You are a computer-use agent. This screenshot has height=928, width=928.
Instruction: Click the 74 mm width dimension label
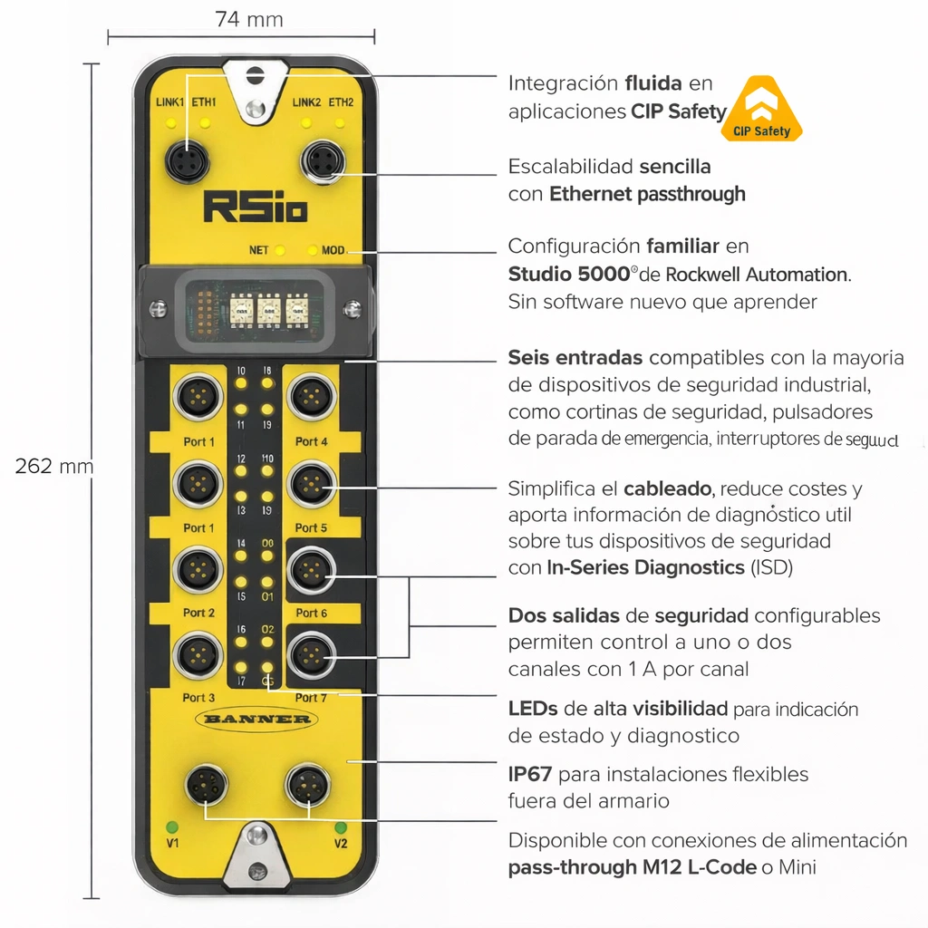pos(248,19)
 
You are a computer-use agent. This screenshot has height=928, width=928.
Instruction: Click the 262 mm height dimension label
pos(53,467)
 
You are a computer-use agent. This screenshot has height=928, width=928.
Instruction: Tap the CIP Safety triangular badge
pos(760,111)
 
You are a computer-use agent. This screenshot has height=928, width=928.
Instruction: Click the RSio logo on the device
pos(255,207)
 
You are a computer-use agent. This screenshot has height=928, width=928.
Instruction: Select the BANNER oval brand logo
pos(256,720)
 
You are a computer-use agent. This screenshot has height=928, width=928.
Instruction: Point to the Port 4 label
pos(311,442)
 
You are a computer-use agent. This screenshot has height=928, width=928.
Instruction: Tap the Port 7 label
pos(311,698)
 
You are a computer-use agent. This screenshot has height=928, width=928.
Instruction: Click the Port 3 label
pos(198,698)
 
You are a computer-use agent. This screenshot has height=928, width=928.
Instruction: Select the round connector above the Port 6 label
pos(311,569)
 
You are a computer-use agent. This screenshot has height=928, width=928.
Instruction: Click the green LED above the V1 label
pos(170,826)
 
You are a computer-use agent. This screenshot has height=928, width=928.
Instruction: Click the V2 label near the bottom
pos(341,844)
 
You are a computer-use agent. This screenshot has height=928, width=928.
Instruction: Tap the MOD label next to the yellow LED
pos(333,250)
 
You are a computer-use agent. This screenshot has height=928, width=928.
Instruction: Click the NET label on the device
pos(258,250)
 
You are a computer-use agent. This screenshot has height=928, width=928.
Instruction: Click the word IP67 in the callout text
pos(531,775)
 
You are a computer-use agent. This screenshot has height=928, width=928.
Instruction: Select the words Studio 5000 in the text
pos(568,275)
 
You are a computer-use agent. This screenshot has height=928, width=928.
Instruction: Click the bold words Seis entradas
pos(575,358)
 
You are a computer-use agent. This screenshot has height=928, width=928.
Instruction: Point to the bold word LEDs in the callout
pos(532,709)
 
